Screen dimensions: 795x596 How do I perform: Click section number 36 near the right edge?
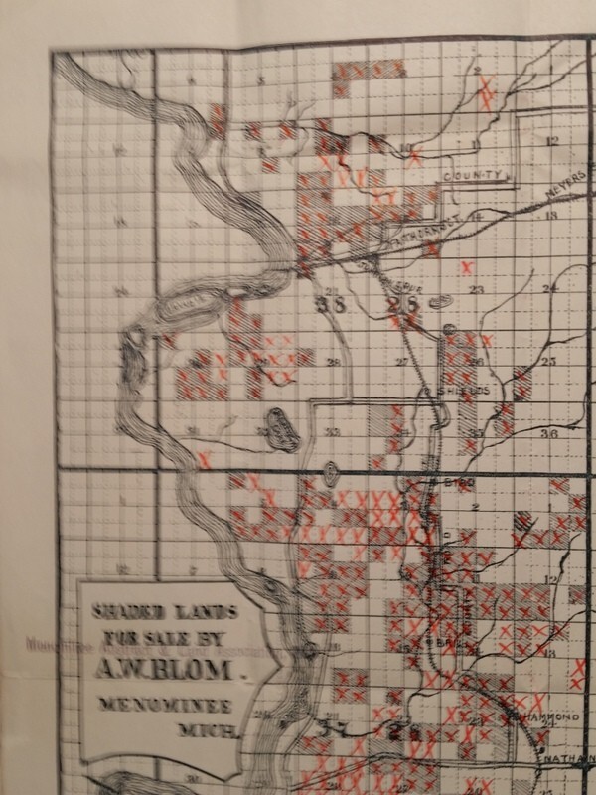[x=548, y=433]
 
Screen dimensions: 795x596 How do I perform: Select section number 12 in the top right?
[x=551, y=140]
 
